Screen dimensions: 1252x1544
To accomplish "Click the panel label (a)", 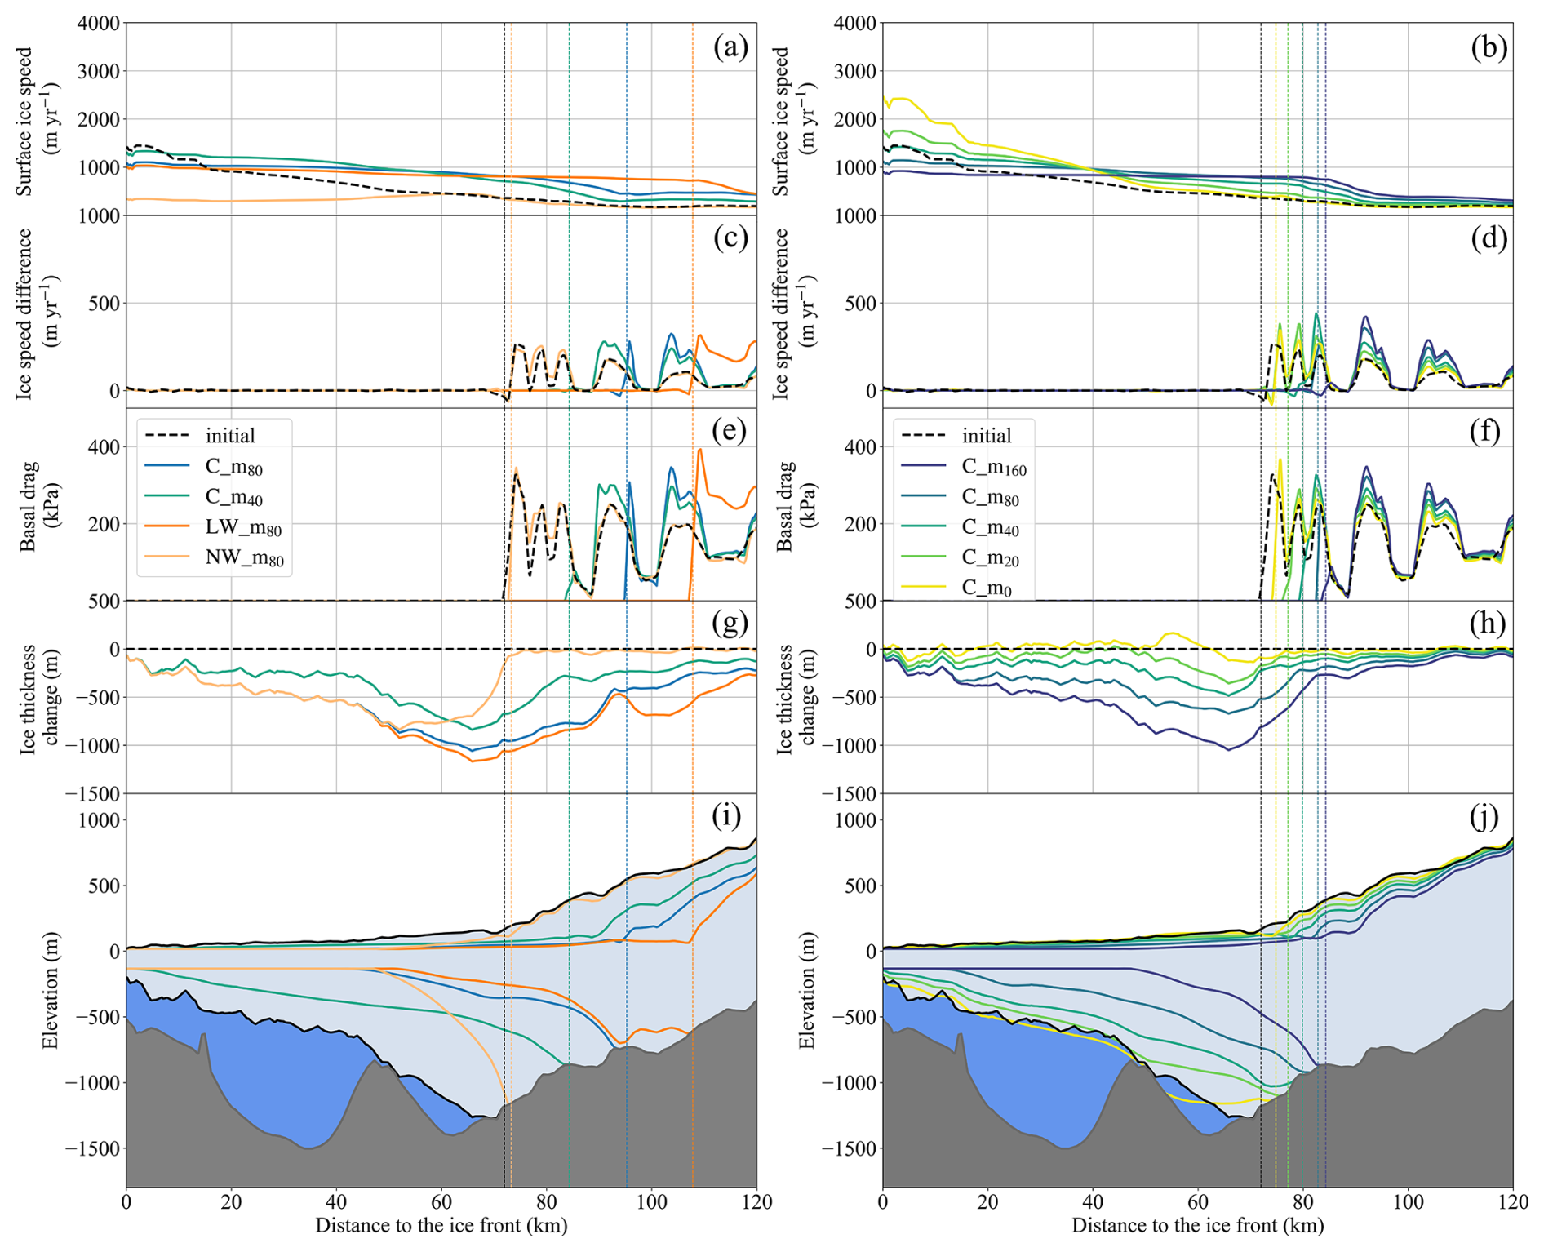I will point(730,47).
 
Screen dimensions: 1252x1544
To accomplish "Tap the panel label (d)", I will point(1488,238).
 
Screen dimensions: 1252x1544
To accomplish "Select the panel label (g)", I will point(730,623).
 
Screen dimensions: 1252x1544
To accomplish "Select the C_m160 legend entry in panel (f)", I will point(993,468).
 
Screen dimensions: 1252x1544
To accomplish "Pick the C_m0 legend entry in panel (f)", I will point(986,588).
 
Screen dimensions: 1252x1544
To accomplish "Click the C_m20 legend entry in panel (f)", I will point(990,558).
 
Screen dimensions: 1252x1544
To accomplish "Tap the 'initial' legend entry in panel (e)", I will point(229,436).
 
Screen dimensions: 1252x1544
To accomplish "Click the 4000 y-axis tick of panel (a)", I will point(98,23).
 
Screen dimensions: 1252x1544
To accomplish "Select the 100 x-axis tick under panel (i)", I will point(651,1201).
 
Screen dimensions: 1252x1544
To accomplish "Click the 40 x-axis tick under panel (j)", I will point(1093,1201).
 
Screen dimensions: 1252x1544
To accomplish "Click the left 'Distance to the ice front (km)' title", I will point(441,1225).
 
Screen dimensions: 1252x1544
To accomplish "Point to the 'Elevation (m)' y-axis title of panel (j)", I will point(806,990).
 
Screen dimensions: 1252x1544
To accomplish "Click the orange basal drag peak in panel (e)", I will point(699,451).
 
